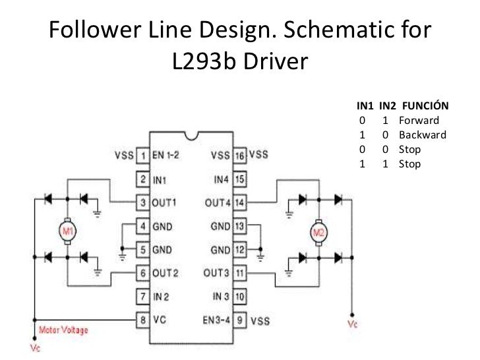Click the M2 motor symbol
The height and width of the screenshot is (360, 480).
click(x=318, y=232)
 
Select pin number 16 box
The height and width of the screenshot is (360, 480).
click(x=240, y=156)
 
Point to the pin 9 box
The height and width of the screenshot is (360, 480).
click(x=240, y=320)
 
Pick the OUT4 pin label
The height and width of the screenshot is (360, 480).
click(x=217, y=202)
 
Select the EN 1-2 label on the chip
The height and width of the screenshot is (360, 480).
click(x=167, y=156)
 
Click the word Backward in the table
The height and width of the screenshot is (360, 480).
click(x=422, y=135)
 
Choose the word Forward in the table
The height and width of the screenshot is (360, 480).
click(x=419, y=121)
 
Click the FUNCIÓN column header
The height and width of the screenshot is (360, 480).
click(x=425, y=106)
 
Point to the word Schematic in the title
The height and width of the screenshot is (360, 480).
click(x=338, y=30)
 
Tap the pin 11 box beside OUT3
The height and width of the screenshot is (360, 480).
click(x=240, y=272)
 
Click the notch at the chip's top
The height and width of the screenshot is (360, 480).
click(x=191, y=135)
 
